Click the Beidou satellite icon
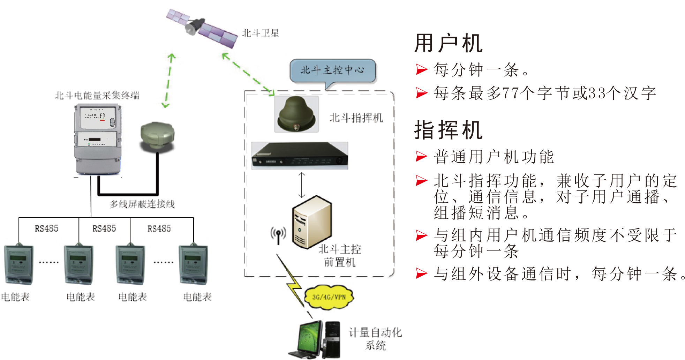pyautogui.click(x=202, y=29)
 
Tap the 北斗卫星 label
pyautogui.click(x=261, y=33)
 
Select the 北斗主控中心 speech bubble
pyautogui.click(x=332, y=70)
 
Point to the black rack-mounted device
pyautogui.click(x=300, y=156)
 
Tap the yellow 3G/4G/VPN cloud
pyautogui.click(x=329, y=297)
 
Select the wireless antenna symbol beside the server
pyautogui.click(x=278, y=235)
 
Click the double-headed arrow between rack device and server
pyautogui.click(x=302, y=185)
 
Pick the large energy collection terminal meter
pyautogui.click(x=98, y=140)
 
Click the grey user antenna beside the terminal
pyautogui.click(x=157, y=136)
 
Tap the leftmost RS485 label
pyautogui.click(x=46, y=228)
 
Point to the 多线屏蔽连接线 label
pyautogui.click(x=142, y=204)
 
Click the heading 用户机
pyautogui.click(x=449, y=43)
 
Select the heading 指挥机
pyautogui.click(x=449, y=130)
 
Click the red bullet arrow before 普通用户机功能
pyautogui.click(x=421, y=156)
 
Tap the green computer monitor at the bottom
pyautogui.click(x=310, y=338)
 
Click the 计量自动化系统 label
pyautogui.click(x=375, y=339)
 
